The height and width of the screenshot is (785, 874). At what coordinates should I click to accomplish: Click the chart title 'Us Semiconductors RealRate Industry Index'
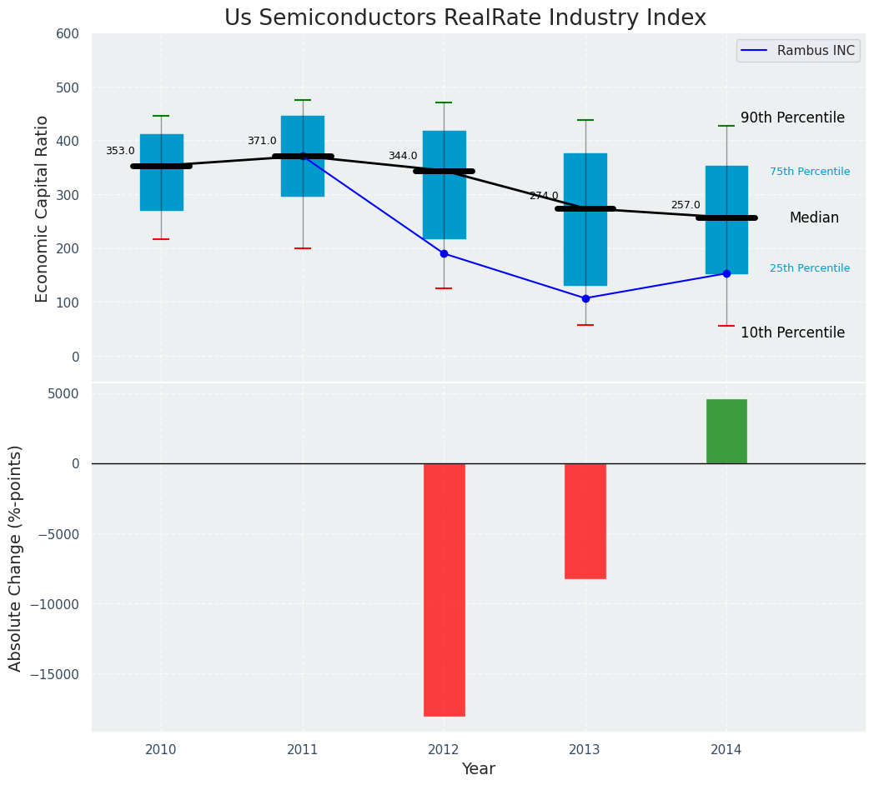465,18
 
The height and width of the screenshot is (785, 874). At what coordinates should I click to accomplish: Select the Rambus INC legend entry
798,51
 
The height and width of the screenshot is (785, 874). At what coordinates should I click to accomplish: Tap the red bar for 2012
444,589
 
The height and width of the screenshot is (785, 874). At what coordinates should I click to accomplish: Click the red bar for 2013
585,521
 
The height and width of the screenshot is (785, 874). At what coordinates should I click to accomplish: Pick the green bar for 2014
726,431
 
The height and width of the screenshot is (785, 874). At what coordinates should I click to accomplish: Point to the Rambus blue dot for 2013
585,298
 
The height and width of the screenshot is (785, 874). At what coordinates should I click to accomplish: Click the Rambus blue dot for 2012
444,253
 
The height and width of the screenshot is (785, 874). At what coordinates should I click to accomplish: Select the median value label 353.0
120,151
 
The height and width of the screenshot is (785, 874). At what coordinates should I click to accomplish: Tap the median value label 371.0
262,141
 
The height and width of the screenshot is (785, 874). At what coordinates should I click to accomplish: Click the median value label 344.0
403,156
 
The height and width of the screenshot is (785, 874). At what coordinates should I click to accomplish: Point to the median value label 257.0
686,205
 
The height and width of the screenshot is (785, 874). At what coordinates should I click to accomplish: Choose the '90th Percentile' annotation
792,118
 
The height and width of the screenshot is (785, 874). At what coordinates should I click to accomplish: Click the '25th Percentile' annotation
810,268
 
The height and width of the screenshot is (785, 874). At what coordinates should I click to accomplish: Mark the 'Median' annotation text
814,218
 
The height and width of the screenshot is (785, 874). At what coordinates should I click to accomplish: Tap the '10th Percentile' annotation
792,333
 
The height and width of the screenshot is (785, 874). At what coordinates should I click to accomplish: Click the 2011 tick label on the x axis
303,750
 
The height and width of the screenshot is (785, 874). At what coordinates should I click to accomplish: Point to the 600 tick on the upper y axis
68,34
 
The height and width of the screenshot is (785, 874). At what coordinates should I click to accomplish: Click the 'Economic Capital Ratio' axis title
43,209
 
